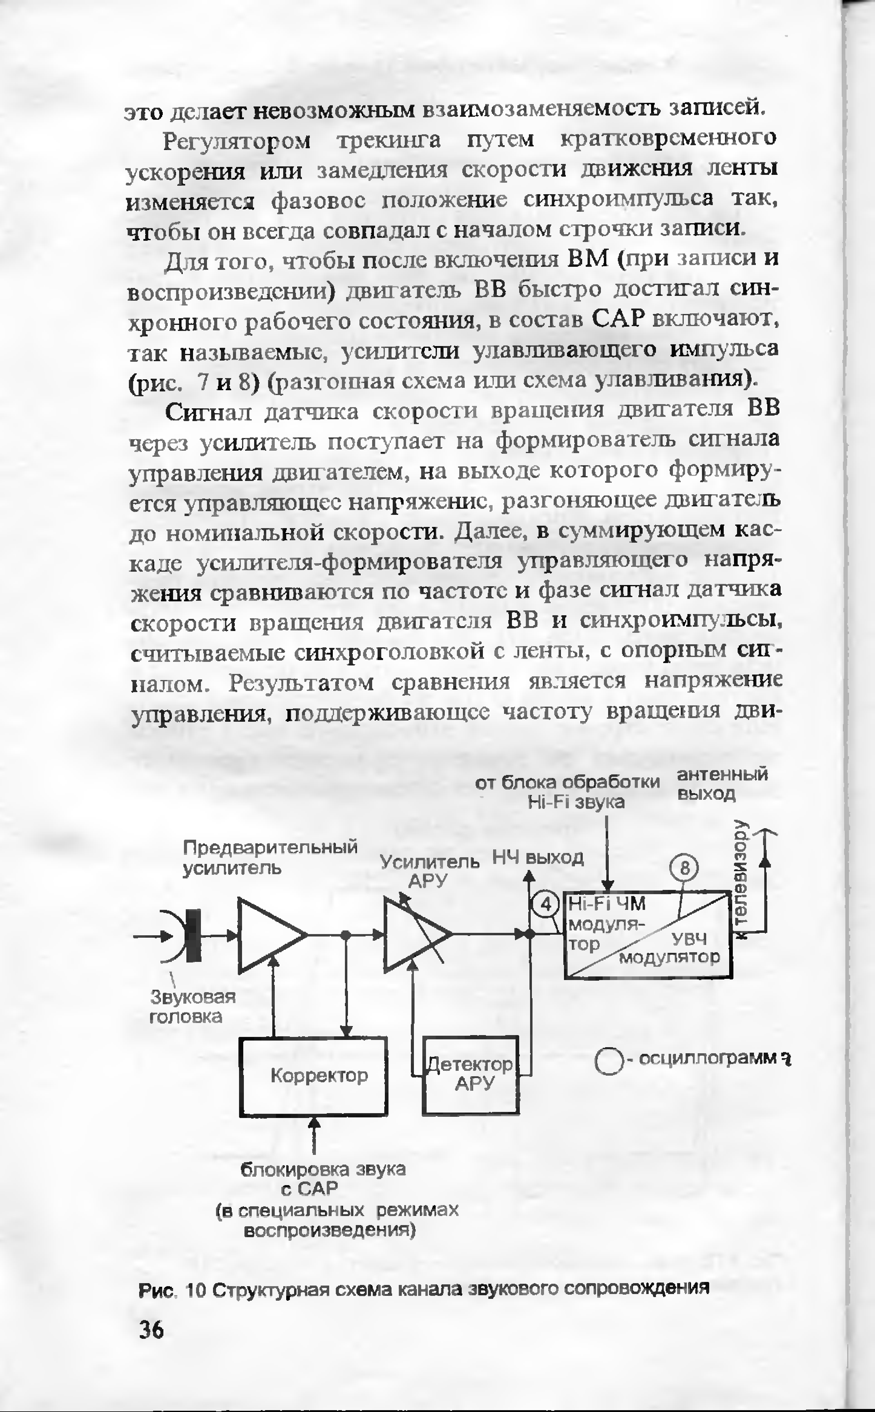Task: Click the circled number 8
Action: point(685,868)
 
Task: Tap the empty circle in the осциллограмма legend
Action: point(608,1061)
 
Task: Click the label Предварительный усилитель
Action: point(269,857)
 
